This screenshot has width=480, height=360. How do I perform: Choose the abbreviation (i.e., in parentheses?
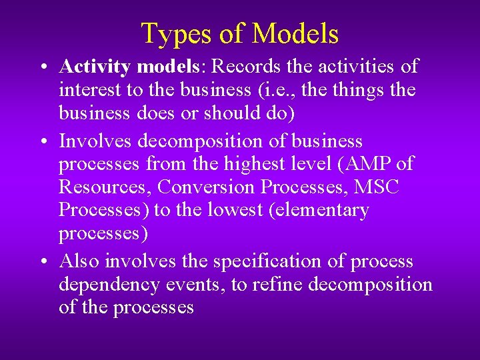click(271, 90)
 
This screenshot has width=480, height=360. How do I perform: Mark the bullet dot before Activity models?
click(42, 67)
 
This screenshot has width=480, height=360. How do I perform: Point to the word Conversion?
click(204, 187)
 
